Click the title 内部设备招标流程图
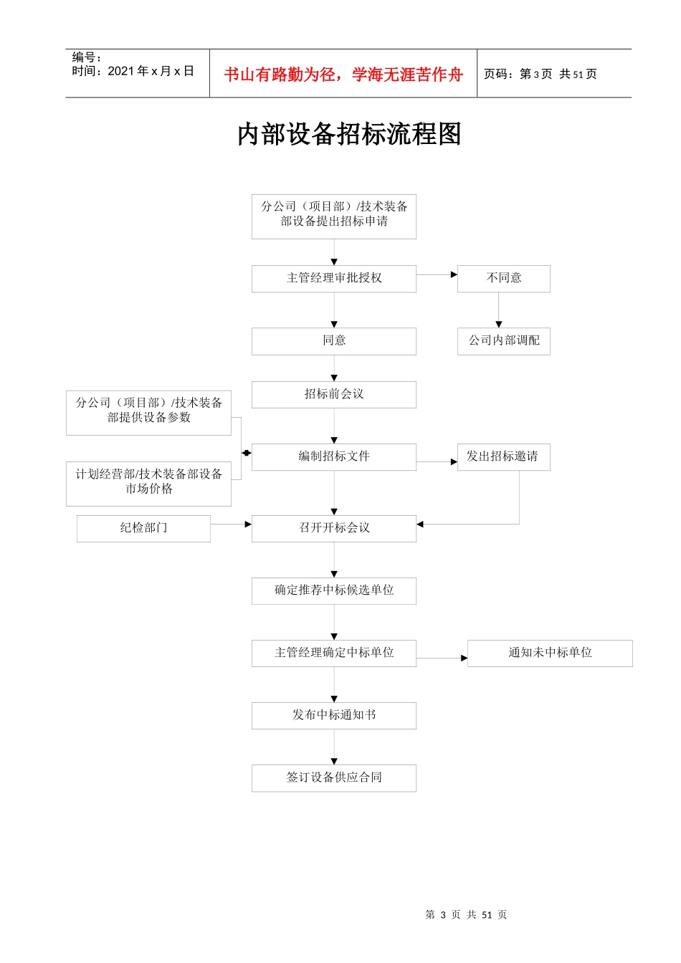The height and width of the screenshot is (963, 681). click(x=349, y=135)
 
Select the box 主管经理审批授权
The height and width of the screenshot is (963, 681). click(x=334, y=278)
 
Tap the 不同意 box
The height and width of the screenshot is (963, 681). click(x=504, y=278)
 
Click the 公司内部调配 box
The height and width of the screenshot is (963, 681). click(x=504, y=340)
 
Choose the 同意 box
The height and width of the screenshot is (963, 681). click(x=334, y=340)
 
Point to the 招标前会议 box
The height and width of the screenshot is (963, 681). click(x=334, y=394)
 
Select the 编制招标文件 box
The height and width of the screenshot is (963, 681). click(x=334, y=456)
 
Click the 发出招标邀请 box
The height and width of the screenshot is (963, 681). click(x=503, y=456)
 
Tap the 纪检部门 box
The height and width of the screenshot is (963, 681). click(x=143, y=528)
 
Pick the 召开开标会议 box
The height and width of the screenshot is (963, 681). click(x=334, y=528)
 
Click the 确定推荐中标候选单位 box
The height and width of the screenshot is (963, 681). click(x=334, y=590)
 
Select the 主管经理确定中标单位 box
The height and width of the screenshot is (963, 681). click(x=334, y=653)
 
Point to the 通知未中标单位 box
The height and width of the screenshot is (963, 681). click(x=550, y=653)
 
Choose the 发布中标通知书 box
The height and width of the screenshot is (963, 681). click(x=334, y=715)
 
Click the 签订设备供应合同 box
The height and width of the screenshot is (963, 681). click(x=334, y=777)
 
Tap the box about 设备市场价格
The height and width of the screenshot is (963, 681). click(x=148, y=482)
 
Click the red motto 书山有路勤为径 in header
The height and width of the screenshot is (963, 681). click(x=343, y=75)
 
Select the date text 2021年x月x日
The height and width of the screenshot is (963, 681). click(x=151, y=71)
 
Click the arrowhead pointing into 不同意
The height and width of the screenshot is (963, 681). click(x=454, y=274)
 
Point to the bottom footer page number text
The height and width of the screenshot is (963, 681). click(x=466, y=915)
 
